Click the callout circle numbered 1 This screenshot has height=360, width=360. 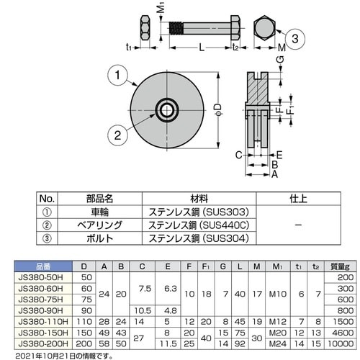(x=117, y=75)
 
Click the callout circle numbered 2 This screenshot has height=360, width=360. (x=117, y=135)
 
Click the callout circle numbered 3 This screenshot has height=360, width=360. (x=295, y=38)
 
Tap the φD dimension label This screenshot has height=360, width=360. (x=217, y=109)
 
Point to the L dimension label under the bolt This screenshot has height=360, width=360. (x=202, y=48)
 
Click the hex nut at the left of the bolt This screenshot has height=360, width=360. (x=145, y=28)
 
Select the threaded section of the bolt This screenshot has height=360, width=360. (x=176, y=28)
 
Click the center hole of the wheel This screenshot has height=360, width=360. (x=167, y=110)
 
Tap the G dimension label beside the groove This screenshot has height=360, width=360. (x=281, y=59)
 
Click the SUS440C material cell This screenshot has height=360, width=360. (x=199, y=225)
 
